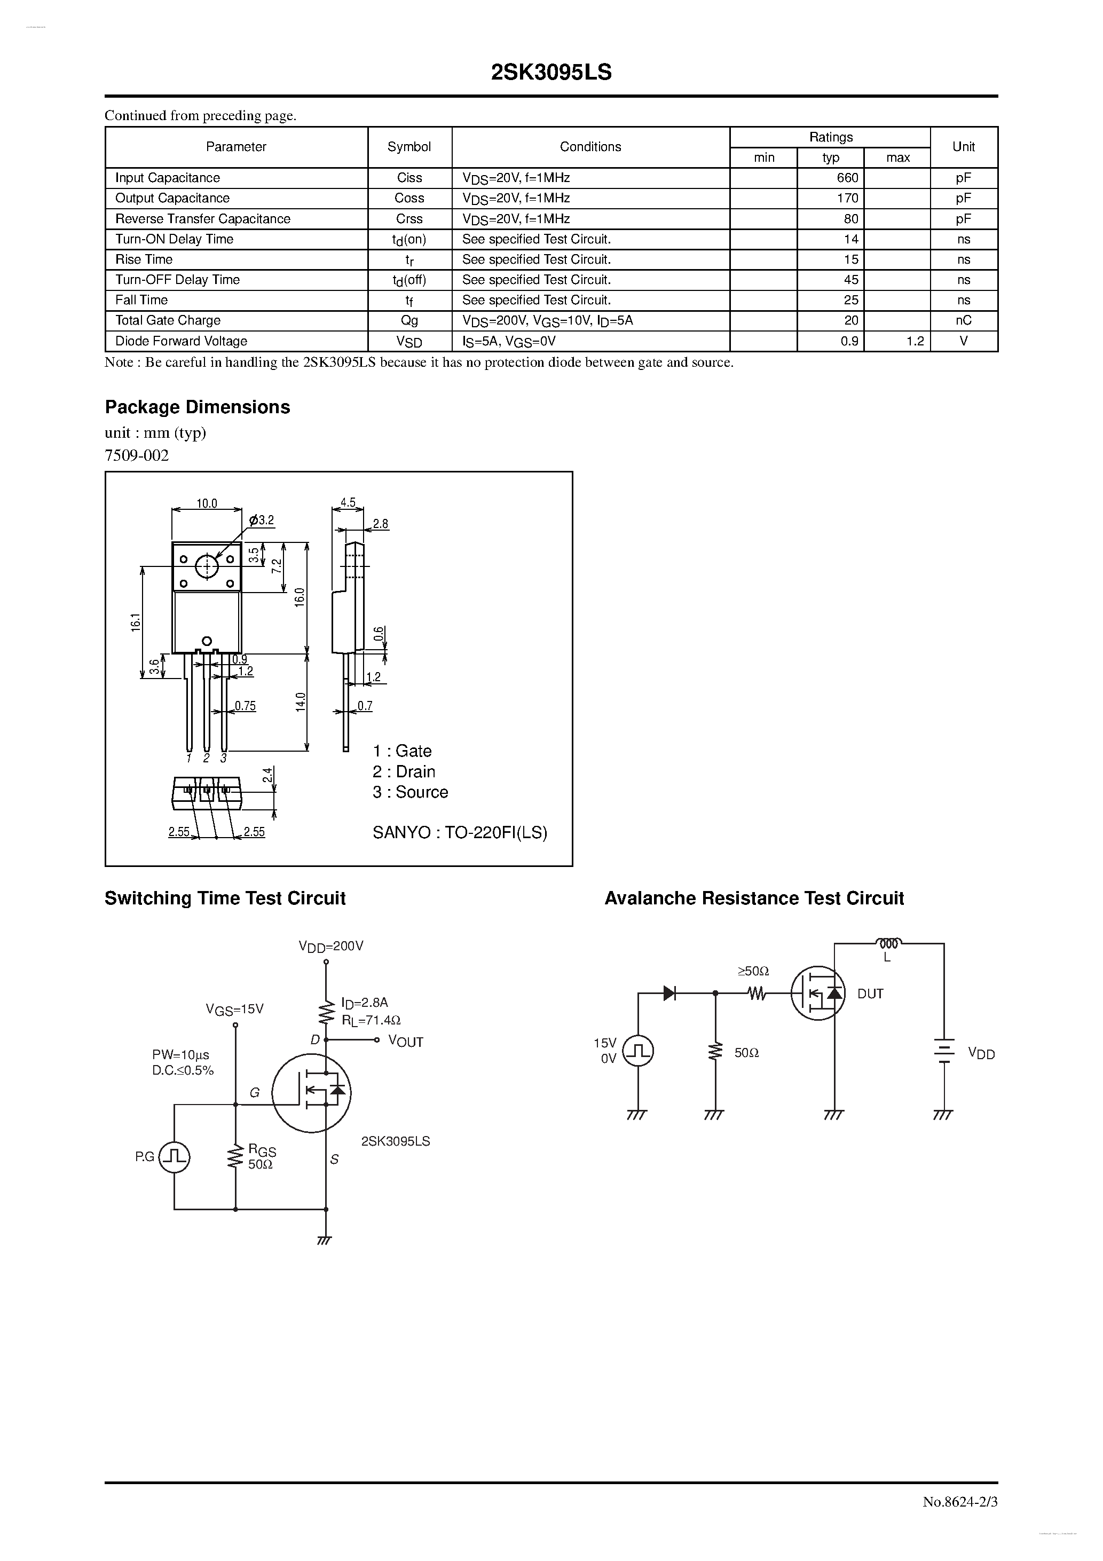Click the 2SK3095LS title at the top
coord(551,73)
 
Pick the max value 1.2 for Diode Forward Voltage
coord(915,341)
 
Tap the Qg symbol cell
coord(409,320)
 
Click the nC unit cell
coord(963,320)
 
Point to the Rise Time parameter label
coord(144,259)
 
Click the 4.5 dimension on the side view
coord(348,503)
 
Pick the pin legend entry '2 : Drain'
coord(404,771)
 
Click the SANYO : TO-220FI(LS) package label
coord(460,833)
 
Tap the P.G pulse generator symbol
coord(174,1156)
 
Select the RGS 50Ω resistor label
coord(261,1156)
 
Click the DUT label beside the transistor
coord(870,994)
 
